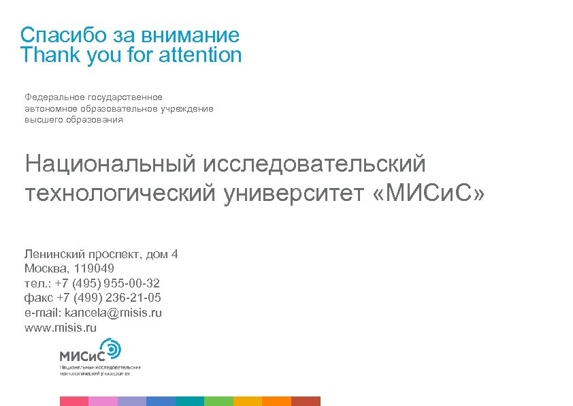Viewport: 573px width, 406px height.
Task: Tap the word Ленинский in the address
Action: [x=52, y=254]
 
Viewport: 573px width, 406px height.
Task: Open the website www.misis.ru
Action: [x=61, y=328]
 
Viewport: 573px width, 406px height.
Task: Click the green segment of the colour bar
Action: [x=218, y=401]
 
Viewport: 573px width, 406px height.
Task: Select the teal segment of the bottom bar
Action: [x=189, y=401]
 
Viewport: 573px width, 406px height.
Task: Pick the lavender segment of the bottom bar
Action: [x=131, y=401]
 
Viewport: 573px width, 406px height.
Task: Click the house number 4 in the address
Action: [x=175, y=254]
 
